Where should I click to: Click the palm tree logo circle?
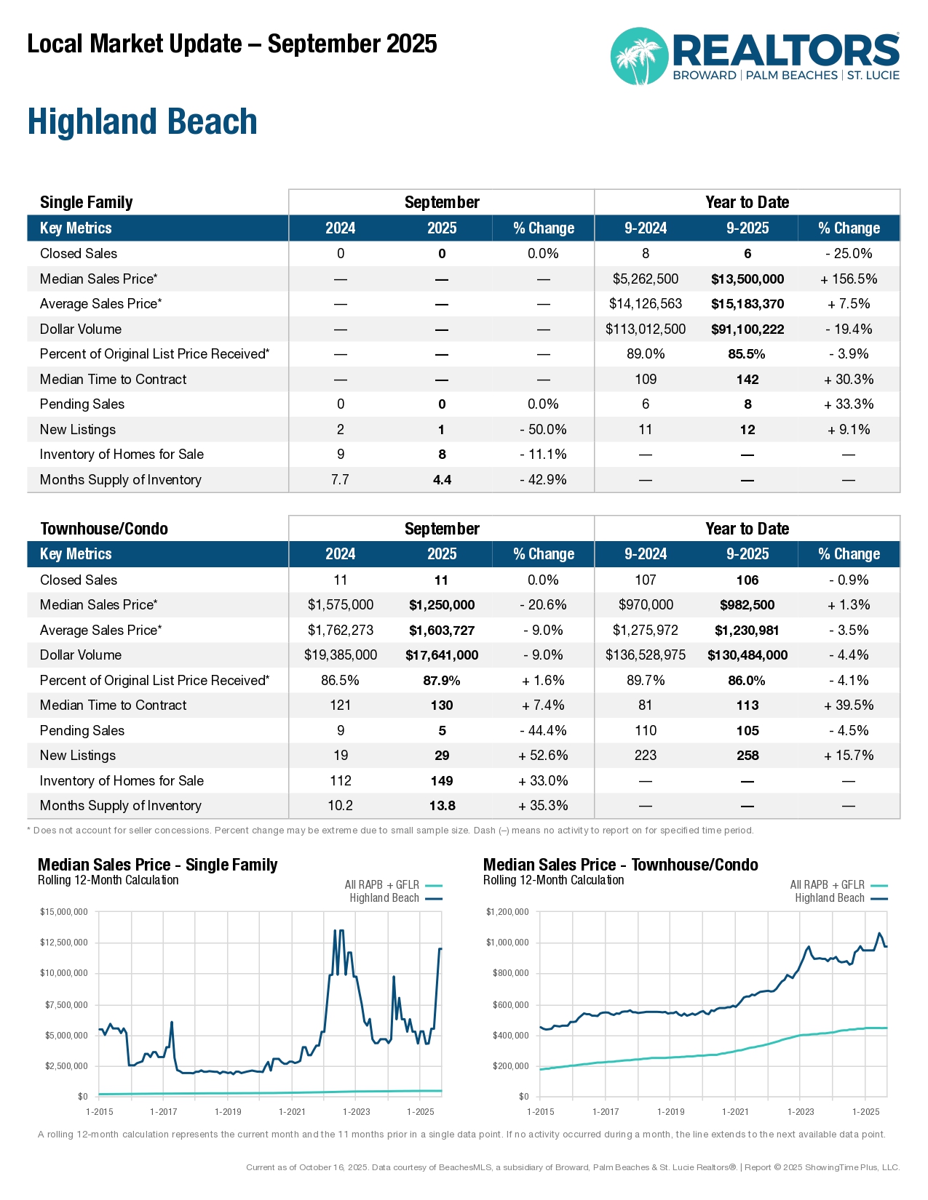point(639,57)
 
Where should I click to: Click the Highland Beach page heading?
point(143,121)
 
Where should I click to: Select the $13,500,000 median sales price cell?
point(747,279)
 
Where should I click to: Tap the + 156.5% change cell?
point(849,279)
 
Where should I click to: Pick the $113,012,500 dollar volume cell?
point(646,329)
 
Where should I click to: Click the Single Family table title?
point(87,202)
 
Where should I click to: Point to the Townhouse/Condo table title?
point(104,529)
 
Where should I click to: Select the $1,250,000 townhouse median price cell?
point(442,605)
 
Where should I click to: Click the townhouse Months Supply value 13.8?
point(442,806)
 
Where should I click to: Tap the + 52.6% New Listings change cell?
point(543,756)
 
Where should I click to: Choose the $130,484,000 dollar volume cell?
point(747,655)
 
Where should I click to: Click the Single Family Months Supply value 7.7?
point(341,480)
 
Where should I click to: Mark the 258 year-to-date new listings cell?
point(747,756)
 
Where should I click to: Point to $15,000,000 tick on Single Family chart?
point(64,912)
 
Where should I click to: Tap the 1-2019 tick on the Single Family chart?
point(228,1111)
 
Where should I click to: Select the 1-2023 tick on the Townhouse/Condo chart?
point(801,1111)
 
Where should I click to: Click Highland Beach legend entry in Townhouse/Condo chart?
point(830,898)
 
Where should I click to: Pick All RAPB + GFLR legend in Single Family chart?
point(382,885)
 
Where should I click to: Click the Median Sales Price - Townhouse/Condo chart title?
point(621,865)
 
